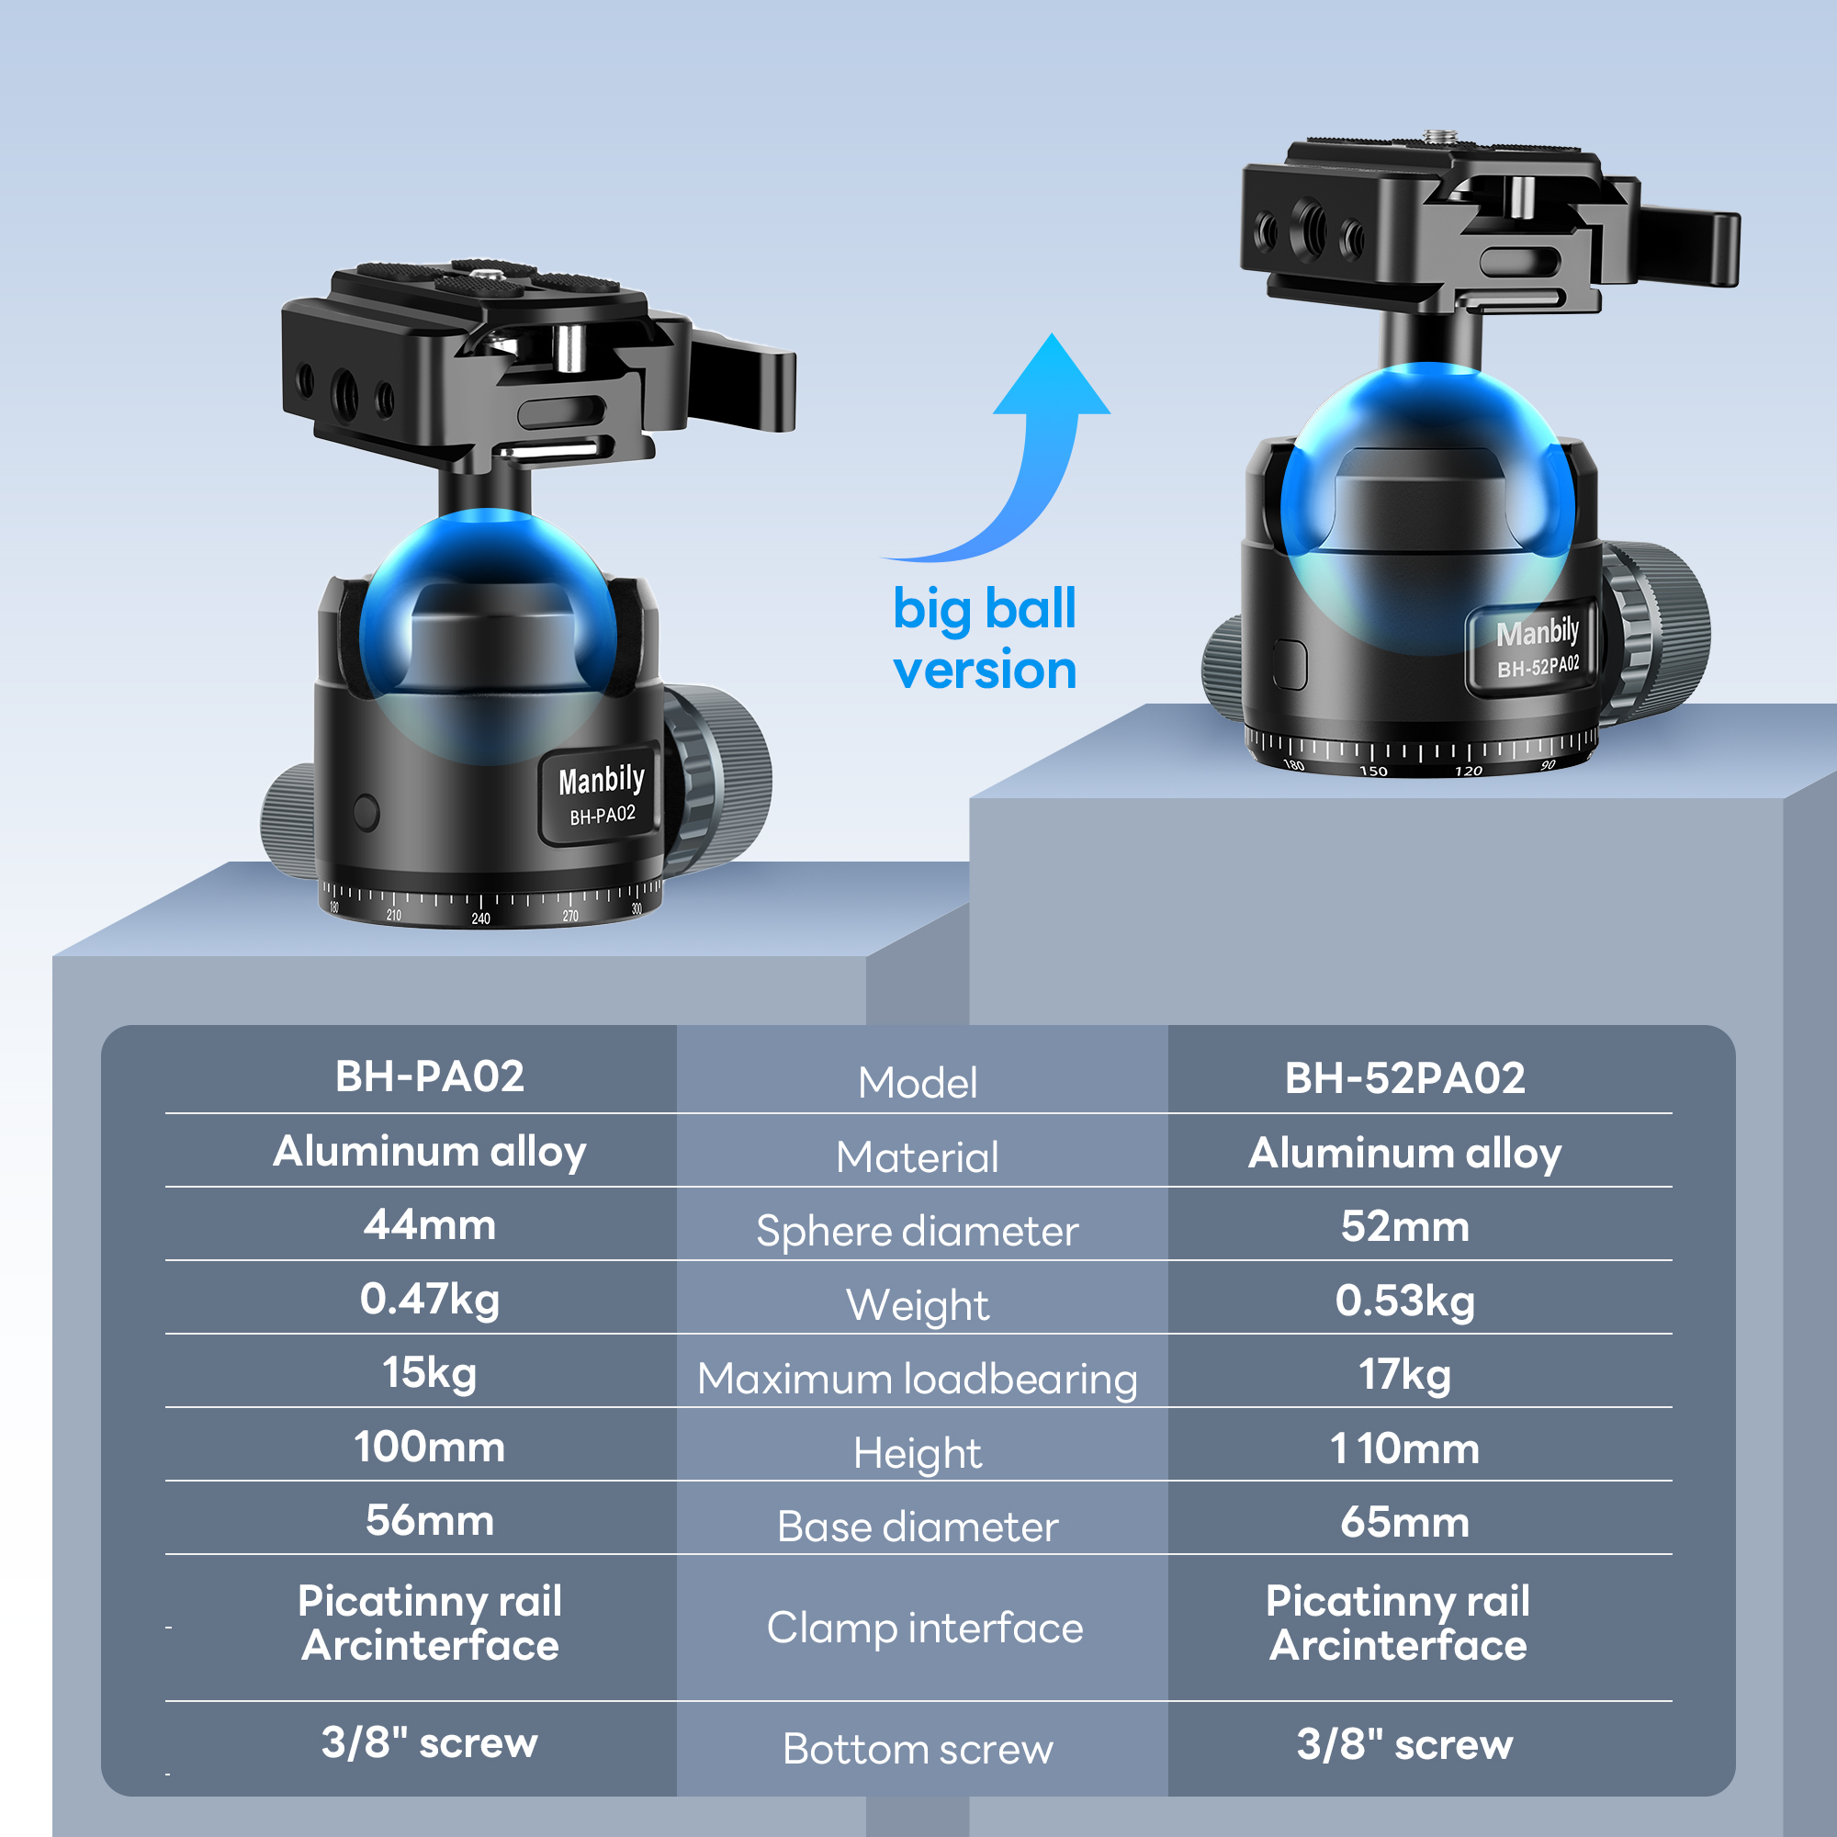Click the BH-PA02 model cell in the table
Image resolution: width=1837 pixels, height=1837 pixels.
(430, 1076)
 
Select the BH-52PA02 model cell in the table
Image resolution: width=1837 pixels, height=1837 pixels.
(1404, 1078)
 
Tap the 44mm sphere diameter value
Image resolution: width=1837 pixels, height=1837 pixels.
(430, 1224)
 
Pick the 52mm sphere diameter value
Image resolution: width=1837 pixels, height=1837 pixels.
(1404, 1226)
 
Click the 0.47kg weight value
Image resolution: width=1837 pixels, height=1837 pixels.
(430, 1299)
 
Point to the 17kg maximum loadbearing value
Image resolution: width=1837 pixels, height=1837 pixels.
(1404, 1374)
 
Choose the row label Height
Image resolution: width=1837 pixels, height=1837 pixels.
(918, 1453)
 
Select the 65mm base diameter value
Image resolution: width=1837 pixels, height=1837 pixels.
(1404, 1522)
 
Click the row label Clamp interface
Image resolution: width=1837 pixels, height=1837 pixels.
(924, 1628)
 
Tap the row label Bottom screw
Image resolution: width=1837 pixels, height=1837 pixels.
(918, 1749)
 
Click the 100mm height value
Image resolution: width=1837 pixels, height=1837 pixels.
(430, 1448)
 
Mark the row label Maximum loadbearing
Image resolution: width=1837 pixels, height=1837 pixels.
(918, 1379)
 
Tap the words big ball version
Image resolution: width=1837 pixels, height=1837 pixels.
(984, 639)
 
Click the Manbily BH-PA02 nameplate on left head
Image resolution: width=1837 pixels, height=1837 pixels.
(601, 794)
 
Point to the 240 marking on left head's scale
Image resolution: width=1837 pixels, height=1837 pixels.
(481, 918)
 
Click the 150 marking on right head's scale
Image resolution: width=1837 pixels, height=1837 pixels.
(1373, 771)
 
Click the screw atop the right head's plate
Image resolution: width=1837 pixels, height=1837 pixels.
(1433, 135)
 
